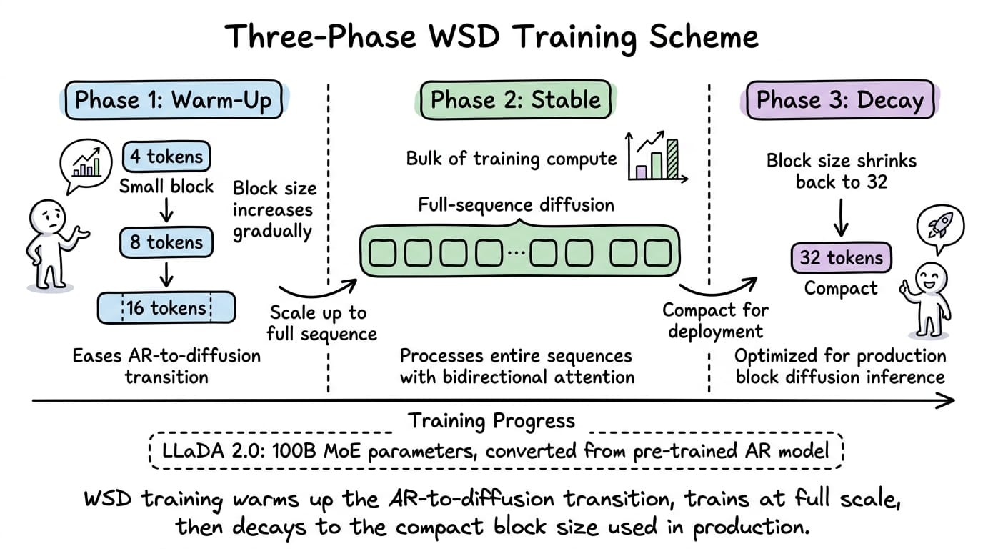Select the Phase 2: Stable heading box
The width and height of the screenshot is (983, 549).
coord(516,100)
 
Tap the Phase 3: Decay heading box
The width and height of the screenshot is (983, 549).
coord(839,100)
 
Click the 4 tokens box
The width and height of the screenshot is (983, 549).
coord(167,157)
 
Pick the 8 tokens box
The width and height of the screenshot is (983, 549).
coord(166,242)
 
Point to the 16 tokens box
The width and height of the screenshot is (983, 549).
coord(166,308)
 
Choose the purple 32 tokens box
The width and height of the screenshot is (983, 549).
coord(841,257)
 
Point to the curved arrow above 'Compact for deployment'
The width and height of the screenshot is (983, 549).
coord(717,287)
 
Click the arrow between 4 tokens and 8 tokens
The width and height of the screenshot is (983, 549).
coord(166,209)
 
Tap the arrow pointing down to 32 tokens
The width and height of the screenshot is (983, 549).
coord(841,218)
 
